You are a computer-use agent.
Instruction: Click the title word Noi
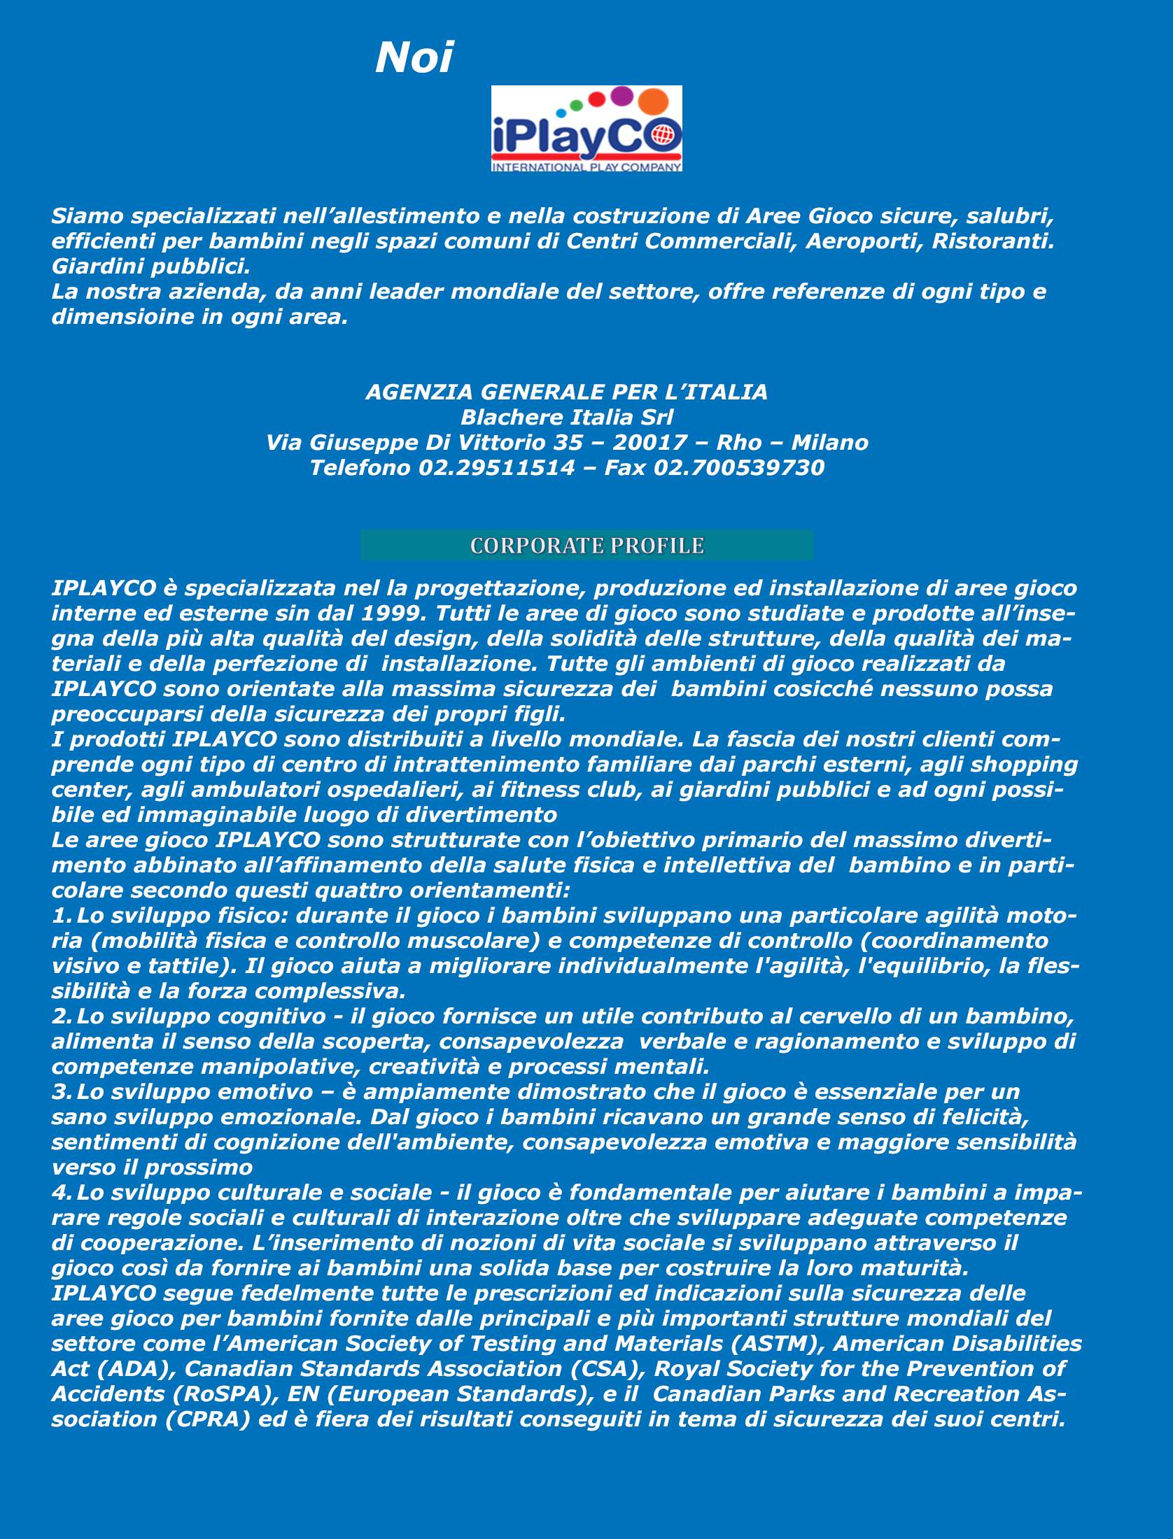[414, 58]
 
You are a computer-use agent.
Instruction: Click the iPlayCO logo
[586, 129]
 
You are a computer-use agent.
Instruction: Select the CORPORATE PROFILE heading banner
[586, 546]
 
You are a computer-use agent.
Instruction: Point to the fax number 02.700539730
[738, 467]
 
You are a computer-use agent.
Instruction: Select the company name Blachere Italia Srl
[566, 417]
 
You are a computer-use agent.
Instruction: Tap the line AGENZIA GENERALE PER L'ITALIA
[566, 392]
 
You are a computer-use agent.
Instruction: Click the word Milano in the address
[829, 442]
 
